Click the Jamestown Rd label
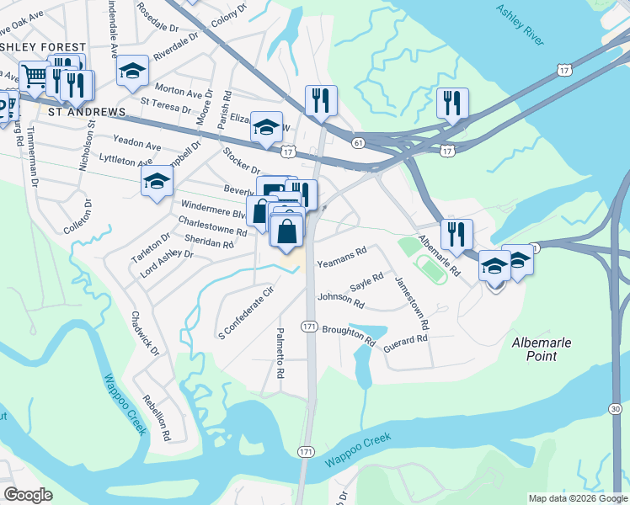click(413, 303)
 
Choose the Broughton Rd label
click(349, 334)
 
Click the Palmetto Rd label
click(280, 353)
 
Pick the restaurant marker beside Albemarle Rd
click(456, 233)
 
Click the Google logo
click(28, 495)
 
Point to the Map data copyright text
click(577, 498)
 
